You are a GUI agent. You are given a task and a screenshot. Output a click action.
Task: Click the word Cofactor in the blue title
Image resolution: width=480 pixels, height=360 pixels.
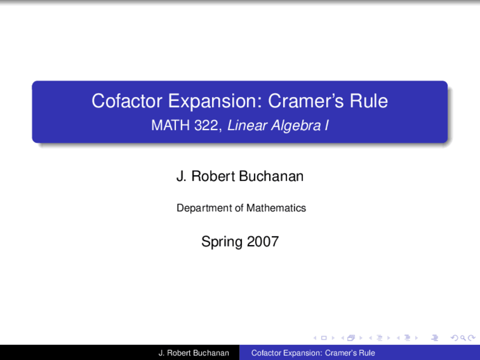(127, 101)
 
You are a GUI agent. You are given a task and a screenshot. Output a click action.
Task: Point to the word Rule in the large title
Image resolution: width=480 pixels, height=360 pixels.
(369, 101)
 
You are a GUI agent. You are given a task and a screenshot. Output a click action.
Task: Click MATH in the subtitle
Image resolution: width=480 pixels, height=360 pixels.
(170, 125)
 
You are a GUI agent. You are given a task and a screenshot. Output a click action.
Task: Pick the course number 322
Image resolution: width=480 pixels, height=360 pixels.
(207, 125)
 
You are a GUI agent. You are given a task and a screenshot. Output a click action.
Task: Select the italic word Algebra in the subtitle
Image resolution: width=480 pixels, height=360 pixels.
(296, 125)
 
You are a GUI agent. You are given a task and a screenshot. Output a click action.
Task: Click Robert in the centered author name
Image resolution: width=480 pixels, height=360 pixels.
(213, 176)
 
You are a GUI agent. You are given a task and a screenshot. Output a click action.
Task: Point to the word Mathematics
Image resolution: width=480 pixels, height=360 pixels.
(276, 208)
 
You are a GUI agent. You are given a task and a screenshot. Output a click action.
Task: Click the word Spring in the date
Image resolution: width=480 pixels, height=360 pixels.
(222, 242)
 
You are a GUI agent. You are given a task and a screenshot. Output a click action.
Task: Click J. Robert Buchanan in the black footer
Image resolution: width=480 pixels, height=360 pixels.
(193, 353)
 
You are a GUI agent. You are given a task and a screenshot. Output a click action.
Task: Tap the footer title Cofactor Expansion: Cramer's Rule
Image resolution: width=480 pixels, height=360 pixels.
(313, 353)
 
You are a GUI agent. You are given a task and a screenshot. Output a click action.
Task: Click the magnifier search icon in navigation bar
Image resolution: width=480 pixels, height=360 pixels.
(463, 338)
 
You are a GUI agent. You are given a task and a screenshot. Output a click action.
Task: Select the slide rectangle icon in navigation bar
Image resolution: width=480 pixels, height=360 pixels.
(324, 338)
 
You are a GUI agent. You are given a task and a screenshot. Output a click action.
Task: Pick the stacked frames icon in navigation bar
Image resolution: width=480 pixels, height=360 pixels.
(351, 338)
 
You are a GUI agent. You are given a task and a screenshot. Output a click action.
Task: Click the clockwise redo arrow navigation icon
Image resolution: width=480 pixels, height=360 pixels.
(471, 338)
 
